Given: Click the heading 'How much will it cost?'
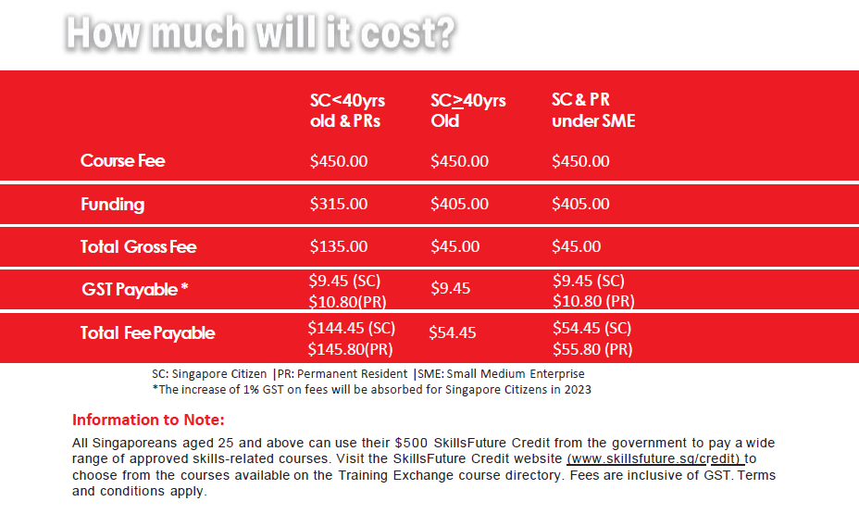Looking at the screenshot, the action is click(261, 33).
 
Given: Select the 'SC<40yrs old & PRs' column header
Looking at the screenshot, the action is click(347, 110).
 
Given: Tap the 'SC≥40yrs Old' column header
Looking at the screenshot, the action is click(467, 110).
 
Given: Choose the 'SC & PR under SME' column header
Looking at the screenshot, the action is click(593, 110).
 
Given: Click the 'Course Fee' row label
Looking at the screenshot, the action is click(123, 160).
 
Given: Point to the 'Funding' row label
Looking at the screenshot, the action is click(113, 204).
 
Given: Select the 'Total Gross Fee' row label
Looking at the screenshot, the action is click(139, 246).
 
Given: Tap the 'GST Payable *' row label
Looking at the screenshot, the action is click(135, 289).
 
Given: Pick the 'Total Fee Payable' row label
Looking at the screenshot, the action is click(148, 332).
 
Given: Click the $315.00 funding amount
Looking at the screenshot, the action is click(339, 204).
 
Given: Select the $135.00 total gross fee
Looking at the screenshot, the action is click(339, 246).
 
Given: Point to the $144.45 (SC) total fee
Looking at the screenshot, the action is click(351, 328).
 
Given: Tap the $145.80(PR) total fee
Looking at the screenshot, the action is click(350, 349).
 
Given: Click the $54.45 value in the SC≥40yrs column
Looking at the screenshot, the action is click(453, 332).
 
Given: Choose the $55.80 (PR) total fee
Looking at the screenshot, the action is click(592, 349).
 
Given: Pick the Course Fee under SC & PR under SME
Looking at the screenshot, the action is click(580, 161).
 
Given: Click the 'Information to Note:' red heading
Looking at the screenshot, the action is click(148, 420).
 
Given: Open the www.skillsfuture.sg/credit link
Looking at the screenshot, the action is click(654, 458).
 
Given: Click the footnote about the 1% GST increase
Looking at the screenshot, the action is click(371, 390).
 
